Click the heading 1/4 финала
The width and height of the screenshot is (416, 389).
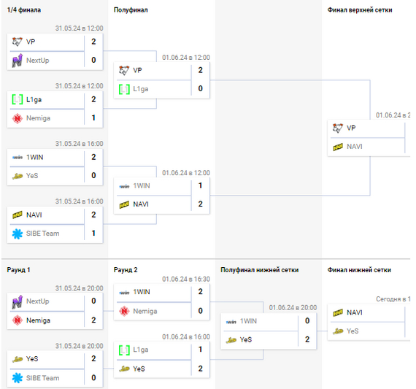(24, 10)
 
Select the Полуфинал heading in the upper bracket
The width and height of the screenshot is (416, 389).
(131, 10)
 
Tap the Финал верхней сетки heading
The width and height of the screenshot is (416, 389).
(360, 10)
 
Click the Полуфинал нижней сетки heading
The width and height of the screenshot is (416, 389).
(260, 270)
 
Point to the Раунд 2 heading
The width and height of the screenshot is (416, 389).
(126, 270)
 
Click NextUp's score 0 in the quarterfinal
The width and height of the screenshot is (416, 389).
(93, 60)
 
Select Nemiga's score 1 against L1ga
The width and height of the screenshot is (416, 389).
(93, 118)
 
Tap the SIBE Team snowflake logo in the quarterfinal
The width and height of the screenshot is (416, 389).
(18, 234)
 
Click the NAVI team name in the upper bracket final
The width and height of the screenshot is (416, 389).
(355, 147)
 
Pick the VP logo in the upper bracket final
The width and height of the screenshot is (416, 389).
(338, 128)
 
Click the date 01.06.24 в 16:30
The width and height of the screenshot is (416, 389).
(186, 279)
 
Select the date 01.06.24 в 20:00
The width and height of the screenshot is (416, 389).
(293, 307)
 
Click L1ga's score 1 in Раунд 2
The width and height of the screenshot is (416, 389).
(201, 349)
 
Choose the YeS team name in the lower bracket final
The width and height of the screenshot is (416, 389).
(353, 331)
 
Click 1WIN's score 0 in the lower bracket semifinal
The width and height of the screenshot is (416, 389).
(307, 320)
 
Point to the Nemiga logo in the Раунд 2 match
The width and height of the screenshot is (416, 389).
(124, 311)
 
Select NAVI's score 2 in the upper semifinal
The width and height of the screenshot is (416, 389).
(201, 204)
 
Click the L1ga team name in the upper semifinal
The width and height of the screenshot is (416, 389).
(141, 89)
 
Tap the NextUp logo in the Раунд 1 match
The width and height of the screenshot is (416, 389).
(18, 301)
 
